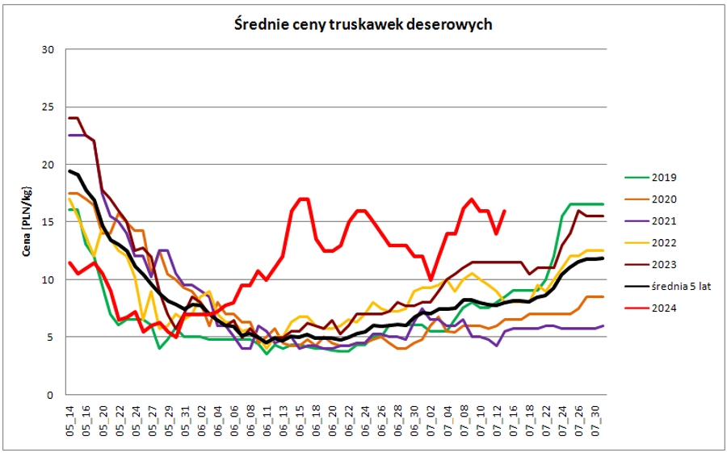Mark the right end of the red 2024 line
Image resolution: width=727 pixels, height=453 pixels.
(505, 211)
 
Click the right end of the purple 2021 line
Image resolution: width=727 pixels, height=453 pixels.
(603, 325)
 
